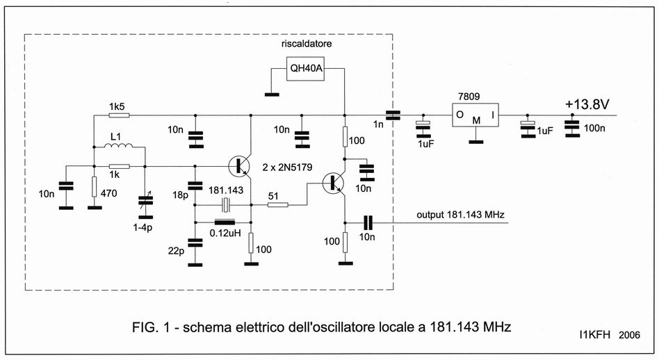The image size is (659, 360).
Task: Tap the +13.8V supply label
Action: (x=587, y=104)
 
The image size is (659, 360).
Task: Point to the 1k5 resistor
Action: (x=119, y=115)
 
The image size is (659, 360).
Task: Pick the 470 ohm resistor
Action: (x=93, y=187)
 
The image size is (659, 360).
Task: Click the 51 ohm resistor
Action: (x=277, y=204)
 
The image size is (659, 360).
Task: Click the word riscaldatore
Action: (x=306, y=43)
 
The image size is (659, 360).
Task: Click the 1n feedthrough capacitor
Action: (x=393, y=115)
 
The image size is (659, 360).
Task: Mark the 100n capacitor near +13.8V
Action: (x=572, y=129)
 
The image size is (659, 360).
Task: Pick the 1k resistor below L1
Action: (x=119, y=167)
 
